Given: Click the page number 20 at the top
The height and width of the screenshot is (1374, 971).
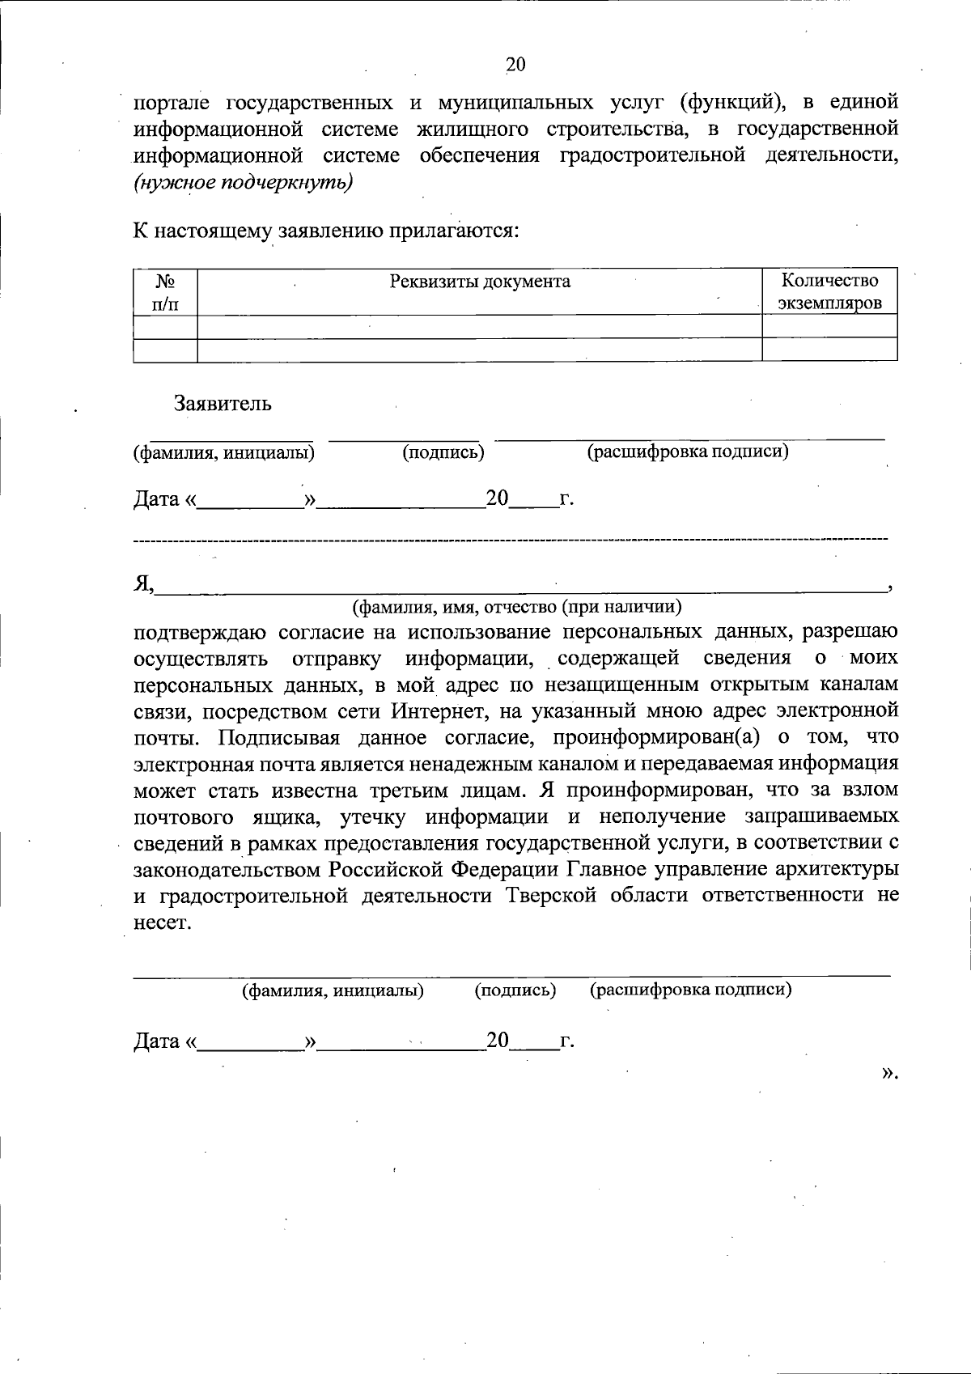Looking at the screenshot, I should point(515,65).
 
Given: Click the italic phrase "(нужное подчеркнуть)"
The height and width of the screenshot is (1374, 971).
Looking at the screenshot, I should point(244,182).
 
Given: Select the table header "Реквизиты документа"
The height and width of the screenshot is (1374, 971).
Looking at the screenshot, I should point(480,282).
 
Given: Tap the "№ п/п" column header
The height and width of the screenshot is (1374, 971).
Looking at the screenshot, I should point(166,292).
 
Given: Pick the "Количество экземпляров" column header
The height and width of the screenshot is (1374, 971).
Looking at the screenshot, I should point(829,292).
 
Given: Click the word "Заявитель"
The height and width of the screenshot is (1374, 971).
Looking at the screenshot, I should point(223,404).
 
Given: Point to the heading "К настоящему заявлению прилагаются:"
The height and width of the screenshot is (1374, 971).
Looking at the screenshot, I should point(325,231).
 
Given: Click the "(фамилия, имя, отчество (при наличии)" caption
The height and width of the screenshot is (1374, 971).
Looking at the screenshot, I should point(516,605).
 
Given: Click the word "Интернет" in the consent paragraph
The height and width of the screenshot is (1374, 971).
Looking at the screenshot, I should point(439,711).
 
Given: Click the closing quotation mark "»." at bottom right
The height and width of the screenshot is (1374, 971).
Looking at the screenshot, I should point(889,1073).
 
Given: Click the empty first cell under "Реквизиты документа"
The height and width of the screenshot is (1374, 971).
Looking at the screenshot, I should point(480,327).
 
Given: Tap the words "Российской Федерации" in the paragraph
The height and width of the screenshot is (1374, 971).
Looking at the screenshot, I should point(444,870).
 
